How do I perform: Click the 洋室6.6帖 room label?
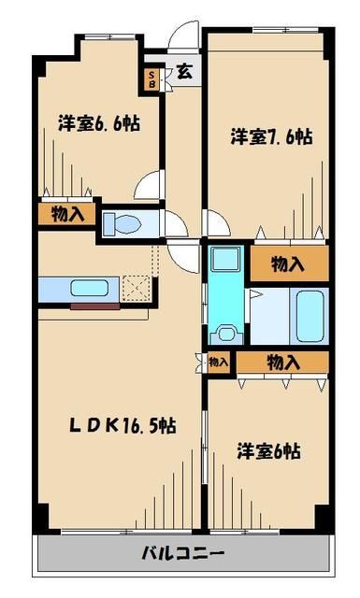pyautogui.click(x=98, y=122)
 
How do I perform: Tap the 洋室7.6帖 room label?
pyautogui.click(x=271, y=136)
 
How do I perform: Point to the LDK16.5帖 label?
pyautogui.click(x=122, y=425)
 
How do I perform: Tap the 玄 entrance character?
pyautogui.click(x=184, y=71)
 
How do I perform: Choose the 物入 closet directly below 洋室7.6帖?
pyautogui.click(x=287, y=263)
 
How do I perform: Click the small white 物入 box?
pyautogui.click(x=218, y=363)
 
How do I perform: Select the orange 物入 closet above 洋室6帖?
pyautogui.click(x=282, y=363)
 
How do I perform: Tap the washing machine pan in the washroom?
pyautogui.click(x=225, y=332)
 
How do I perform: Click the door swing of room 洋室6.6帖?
pyautogui.click(x=149, y=185)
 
